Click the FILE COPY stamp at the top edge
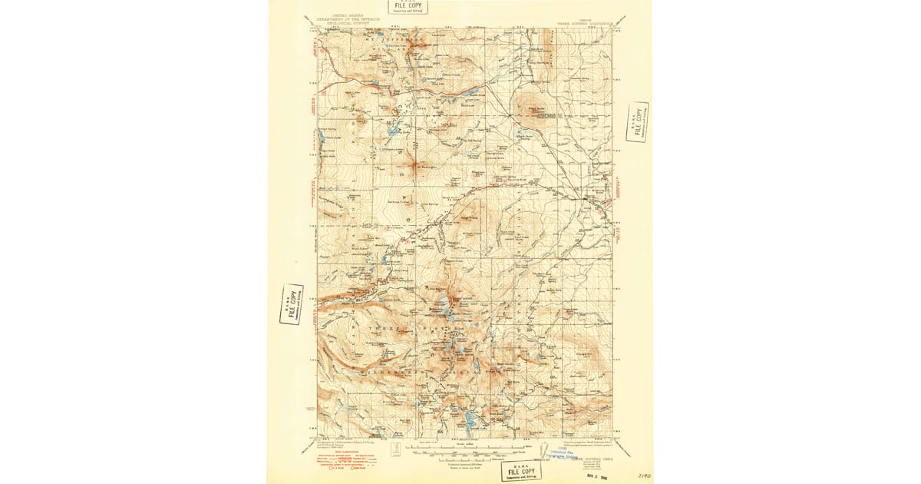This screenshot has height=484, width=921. [408, 7]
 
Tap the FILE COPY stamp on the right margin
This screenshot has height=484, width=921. [637, 121]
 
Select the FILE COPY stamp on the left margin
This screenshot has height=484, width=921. [292, 304]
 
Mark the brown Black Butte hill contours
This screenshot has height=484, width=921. [530, 108]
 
